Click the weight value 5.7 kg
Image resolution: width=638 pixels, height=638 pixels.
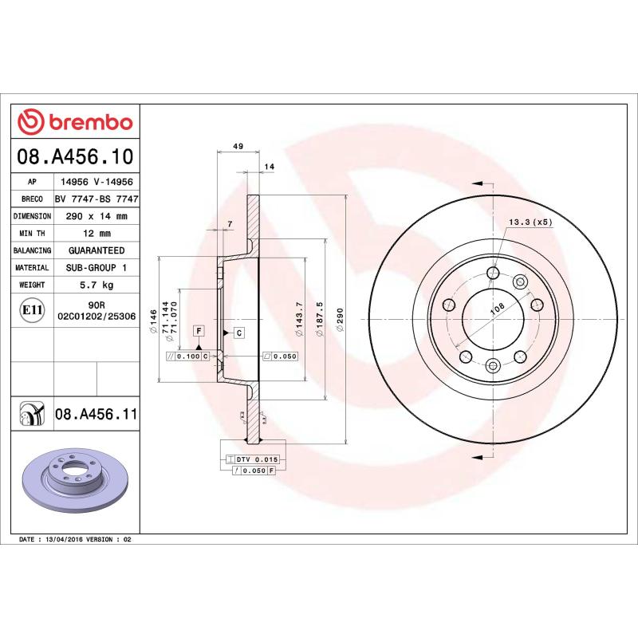point(96,285)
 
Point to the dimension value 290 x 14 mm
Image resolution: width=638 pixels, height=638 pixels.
point(96,216)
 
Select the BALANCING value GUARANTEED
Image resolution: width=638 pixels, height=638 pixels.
point(96,250)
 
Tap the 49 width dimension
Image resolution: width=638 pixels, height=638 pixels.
point(238,147)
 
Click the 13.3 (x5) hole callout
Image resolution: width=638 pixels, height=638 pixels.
point(530,222)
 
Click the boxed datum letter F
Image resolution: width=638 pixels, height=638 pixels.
point(197,330)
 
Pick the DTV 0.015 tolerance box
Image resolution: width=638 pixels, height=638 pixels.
point(252,460)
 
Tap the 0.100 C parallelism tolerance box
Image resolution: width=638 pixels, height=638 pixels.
point(188,356)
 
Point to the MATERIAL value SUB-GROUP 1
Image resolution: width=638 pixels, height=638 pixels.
point(96,268)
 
